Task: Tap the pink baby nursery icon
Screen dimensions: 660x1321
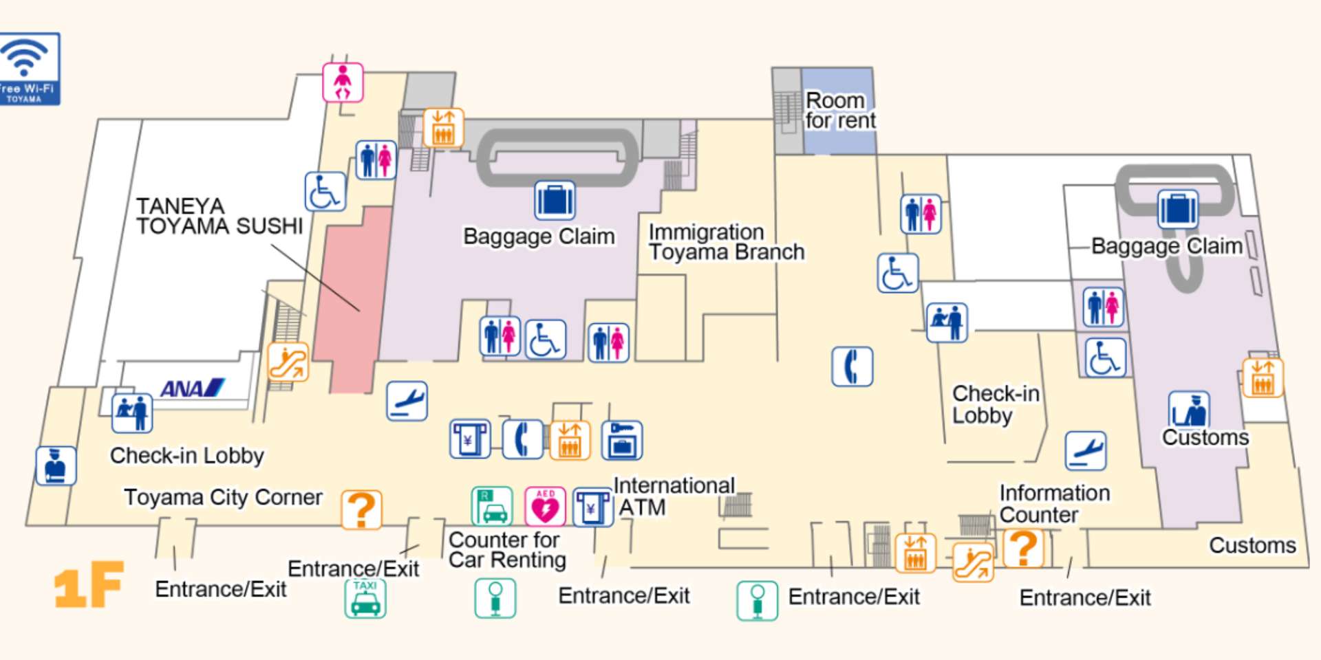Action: click(343, 82)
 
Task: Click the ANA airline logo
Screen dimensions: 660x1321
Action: click(192, 388)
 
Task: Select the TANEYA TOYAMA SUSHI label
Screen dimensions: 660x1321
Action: click(219, 216)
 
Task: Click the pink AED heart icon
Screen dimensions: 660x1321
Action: click(545, 507)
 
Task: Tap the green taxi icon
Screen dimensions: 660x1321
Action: click(365, 598)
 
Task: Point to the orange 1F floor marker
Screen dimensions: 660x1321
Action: click(89, 584)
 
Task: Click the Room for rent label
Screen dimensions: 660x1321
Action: click(839, 111)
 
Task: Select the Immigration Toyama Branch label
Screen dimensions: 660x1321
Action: click(726, 242)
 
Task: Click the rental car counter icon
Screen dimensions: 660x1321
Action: click(492, 507)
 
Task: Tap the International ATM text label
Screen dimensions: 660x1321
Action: click(673, 496)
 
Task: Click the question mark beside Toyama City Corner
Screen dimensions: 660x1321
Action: click(361, 510)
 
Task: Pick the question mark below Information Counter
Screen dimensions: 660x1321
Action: click(1023, 548)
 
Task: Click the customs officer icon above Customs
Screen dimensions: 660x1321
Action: click(1189, 410)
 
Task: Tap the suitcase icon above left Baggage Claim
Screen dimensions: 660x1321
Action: click(555, 201)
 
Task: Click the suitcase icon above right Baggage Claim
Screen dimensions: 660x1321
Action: click(1177, 209)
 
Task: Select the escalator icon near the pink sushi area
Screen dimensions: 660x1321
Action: click(288, 362)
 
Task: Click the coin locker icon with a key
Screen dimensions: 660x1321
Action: click(622, 440)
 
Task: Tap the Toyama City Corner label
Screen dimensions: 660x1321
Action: click(223, 497)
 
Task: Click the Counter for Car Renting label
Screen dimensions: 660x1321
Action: click(507, 550)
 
